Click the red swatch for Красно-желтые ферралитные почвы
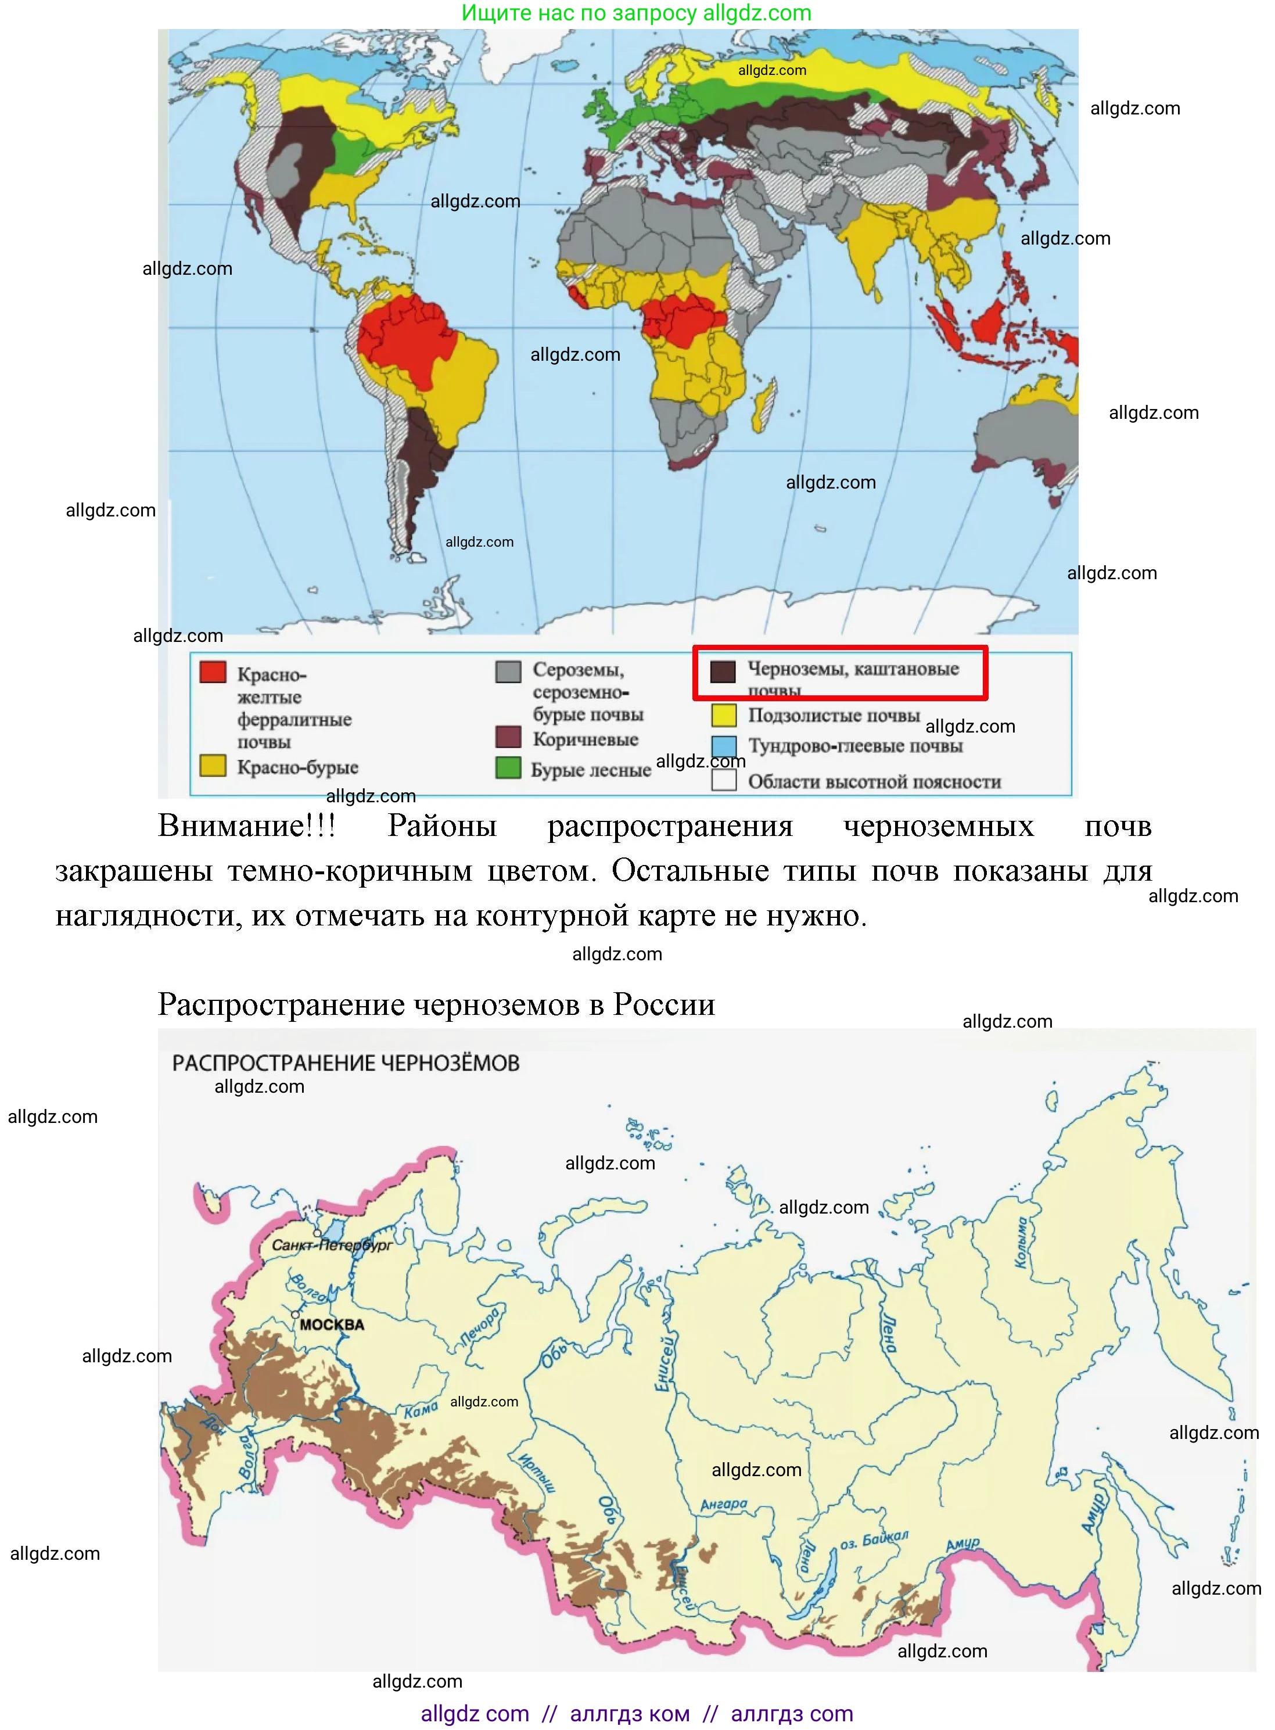pos(213,672)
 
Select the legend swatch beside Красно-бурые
pos(213,765)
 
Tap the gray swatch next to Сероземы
pos(508,672)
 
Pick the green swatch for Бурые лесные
pos(508,767)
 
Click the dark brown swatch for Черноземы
pos(723,672)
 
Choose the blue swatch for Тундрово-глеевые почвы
pos(723,746)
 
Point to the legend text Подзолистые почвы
pos(834,716)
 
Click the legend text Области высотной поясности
pos(874,782)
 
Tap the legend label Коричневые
pos(585,740)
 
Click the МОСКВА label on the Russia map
pos(331,1325)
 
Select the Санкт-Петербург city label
pos(332,1245)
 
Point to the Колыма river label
pos(1022,1242)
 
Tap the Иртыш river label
pos(536,1472)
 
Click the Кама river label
pos(421,1410)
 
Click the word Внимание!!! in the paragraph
pos(247,826)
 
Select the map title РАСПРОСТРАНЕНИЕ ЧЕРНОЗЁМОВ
pos(345,1063)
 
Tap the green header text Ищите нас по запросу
pos(580,13)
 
